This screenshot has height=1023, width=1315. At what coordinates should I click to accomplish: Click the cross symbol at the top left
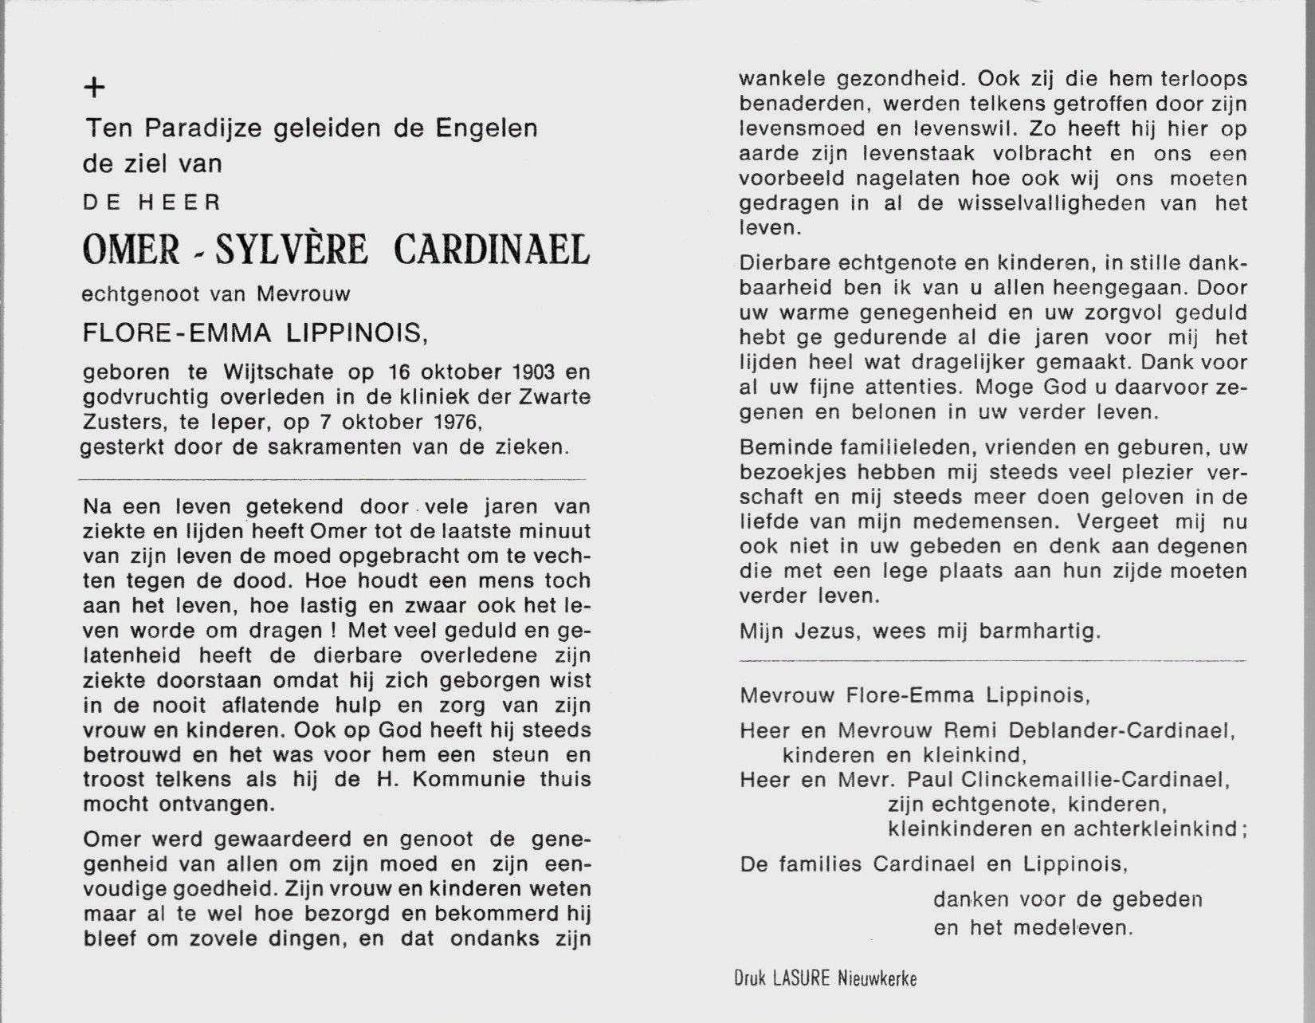click(94, 88)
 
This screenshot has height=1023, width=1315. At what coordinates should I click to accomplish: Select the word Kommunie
click(458, 780)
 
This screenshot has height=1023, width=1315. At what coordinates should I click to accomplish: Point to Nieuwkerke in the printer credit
click(877, 978)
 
